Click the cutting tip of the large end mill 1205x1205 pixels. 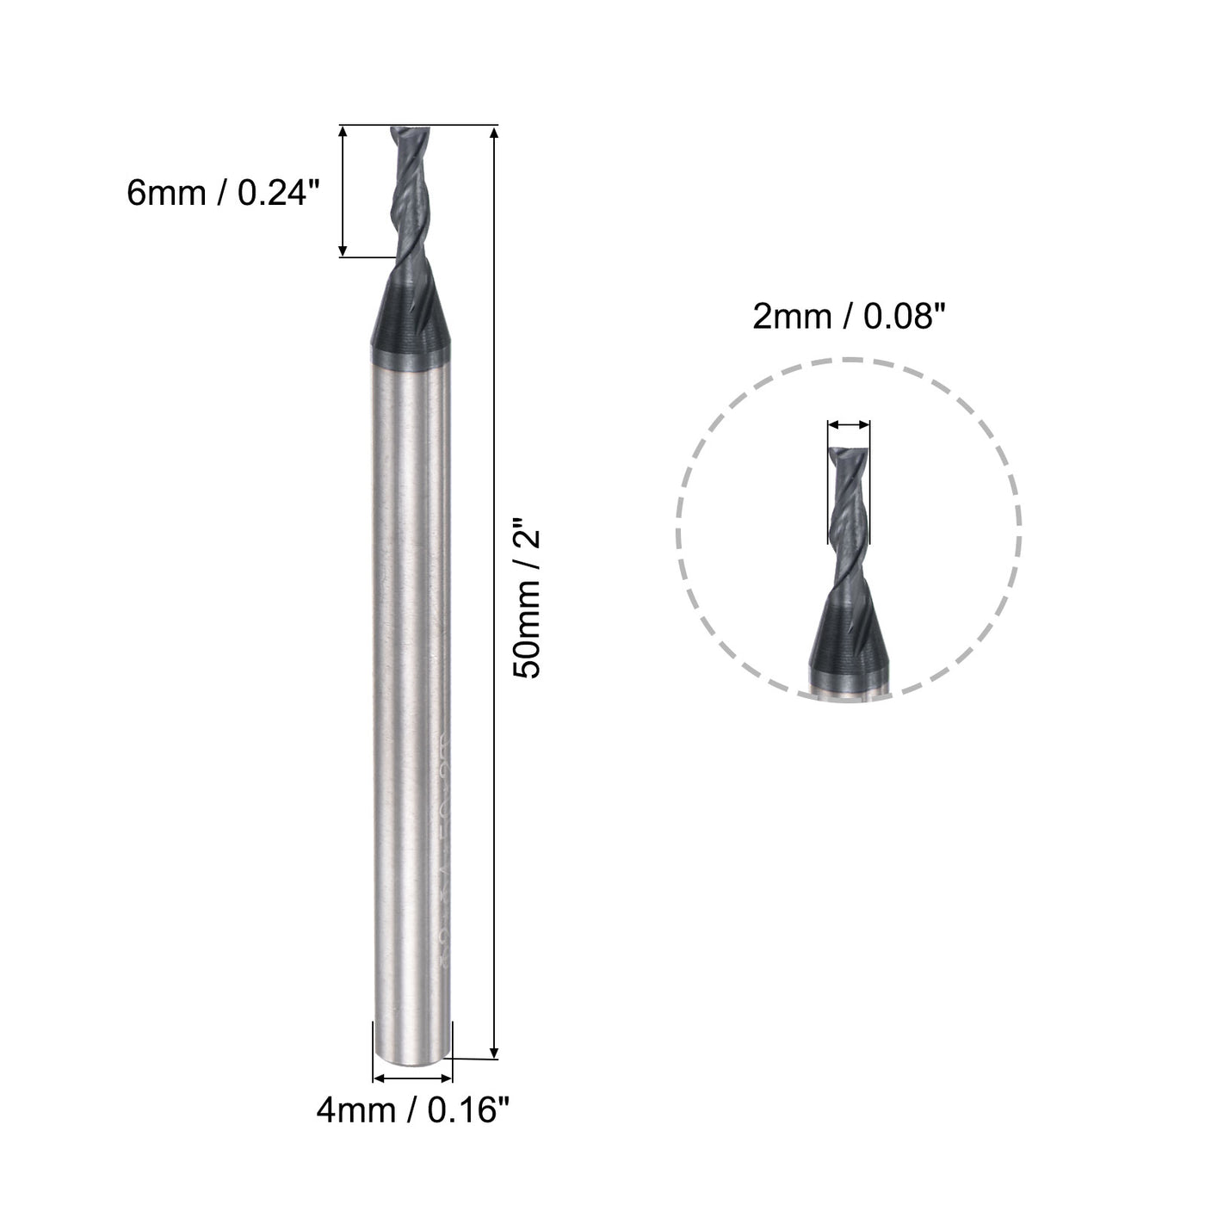pos(407,133)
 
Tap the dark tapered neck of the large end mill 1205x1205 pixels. pos(412,293)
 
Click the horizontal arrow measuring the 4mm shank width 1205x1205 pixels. pos(412,1078)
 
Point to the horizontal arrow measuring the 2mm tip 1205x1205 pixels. pos(849,424)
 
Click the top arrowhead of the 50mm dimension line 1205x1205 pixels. pos(494,133)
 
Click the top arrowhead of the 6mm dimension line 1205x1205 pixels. pos(343,133)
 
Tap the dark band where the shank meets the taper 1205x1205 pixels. pos(412,337)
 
